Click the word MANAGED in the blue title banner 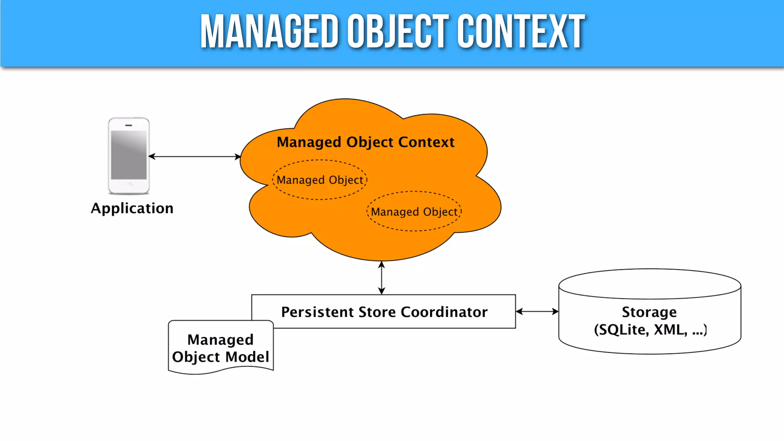[x=269, y=31]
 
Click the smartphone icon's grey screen [x=129, y=155]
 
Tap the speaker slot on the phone [x=129, y=125]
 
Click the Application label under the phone [x=132, y=208]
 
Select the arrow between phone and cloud [x=194, y=157]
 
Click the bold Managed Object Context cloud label [x=366, y=142]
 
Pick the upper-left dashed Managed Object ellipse [x=320, y=180]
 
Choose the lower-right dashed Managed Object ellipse [x=414, y=212]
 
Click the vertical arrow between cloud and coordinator [x=381, y=278]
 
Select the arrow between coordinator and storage [x=537, y=312]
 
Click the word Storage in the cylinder [x=649, y=312]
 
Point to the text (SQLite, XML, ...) [x=650, y=330]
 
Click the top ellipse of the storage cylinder [x=650, y=284]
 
